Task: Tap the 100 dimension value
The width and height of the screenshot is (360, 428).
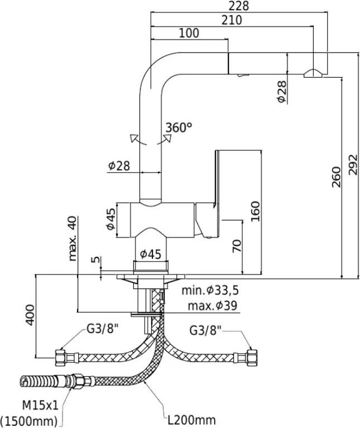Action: pyautogui.click(x=189, y=33)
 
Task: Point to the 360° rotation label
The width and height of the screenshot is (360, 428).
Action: pyautogui.click(x=178, y=127)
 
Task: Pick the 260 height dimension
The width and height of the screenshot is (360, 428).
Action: pyautogui.click(x=336, y=178)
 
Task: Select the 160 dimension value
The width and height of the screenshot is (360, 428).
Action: pyautogui.click(x=256, y=211)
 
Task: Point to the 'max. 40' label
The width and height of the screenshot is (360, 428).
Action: pyautogui.click(x=72, y=239)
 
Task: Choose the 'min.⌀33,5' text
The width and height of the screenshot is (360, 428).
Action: pyautogui.click(x=211, y=291)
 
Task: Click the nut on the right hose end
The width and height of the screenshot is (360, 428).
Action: pyautogui.click(x=252, y=356)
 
